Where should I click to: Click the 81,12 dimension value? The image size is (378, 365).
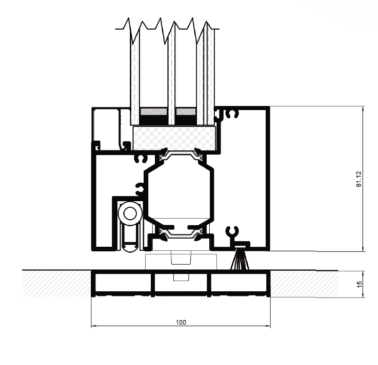359,179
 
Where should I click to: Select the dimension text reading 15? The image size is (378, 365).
359,284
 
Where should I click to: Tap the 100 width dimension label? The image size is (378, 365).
181,322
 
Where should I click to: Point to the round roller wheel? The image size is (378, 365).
130,213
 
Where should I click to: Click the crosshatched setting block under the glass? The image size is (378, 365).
174,138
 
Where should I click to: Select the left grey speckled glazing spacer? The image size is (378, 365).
153,112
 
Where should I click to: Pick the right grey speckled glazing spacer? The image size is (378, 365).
186,112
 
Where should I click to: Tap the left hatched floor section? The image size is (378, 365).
57,284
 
